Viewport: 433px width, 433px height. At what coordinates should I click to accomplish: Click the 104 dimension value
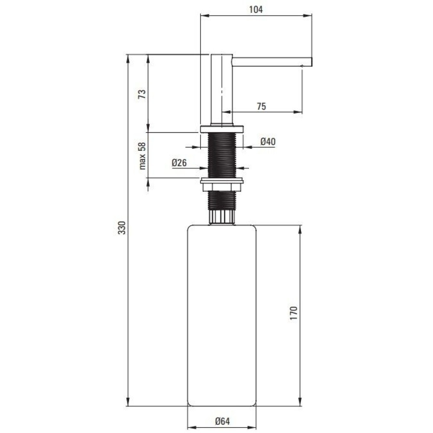[x=256, y=10]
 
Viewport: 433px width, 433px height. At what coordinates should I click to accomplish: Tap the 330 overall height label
[x=122, y=228]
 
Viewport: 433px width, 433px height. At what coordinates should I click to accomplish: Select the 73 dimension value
[x=142, y=94]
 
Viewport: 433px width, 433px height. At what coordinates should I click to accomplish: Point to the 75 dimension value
[x=261, y=107]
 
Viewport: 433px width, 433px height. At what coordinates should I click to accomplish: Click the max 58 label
[x=142, y=156]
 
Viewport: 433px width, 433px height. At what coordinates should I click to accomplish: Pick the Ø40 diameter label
[x=268, y=142]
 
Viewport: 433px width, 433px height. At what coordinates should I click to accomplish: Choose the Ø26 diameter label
[x=179, y=163]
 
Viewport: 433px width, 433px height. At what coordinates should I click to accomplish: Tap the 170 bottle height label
[x=294, y=313]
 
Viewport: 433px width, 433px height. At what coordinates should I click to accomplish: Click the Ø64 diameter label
[x=222, y=421]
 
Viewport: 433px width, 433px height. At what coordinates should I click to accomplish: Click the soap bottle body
[x=222, y=315]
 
